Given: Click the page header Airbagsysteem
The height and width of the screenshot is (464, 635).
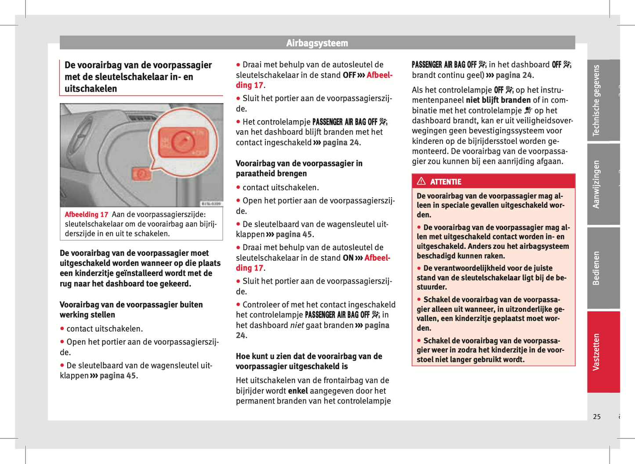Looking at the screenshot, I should tap(317, 43).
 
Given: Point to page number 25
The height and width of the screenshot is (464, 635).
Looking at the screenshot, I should tap(597, 416).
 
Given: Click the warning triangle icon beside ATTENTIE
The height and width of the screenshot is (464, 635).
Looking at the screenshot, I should tap(421, 181).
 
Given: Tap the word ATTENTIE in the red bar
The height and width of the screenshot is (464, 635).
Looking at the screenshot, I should tap(446, 182).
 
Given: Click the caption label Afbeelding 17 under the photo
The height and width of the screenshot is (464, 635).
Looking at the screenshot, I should tap(86, 214).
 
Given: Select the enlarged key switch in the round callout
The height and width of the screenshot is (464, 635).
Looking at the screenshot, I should tap(181, 142).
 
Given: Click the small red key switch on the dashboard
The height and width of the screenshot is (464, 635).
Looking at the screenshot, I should tap(142, 174).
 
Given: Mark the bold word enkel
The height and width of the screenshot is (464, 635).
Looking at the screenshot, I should tap(298, 391).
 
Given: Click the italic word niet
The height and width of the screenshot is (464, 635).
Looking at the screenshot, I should tap(297, 325).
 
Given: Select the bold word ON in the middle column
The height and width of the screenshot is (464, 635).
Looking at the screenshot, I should tap(348, 258).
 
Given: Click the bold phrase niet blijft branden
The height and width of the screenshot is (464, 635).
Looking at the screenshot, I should tap(498, 100).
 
